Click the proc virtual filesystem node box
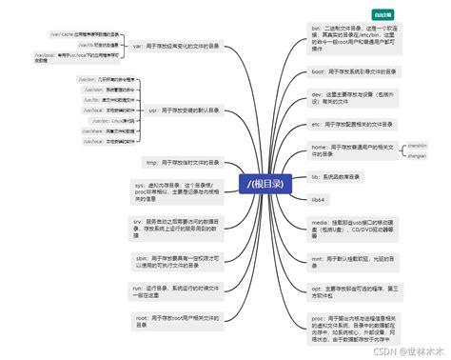click(347, 326)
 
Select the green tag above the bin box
click(383, 15)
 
